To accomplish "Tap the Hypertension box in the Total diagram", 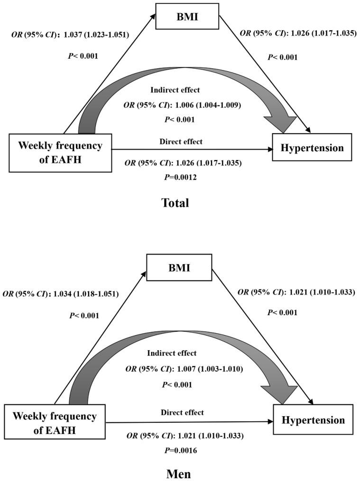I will tap(313, 147).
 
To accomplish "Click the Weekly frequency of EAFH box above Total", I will tap(60, 152).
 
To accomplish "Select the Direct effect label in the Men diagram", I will tap(182, 412).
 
